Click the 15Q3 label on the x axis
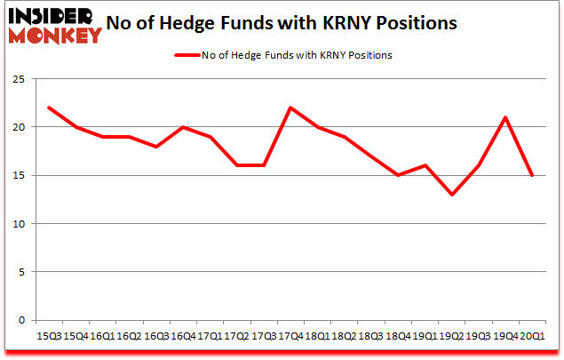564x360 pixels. pyautogui.click(x=50, y=336)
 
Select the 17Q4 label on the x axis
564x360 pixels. pyautogui.click(x=290, y=336)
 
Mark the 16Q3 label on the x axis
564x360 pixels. pyautogui.click(x=156, y=336)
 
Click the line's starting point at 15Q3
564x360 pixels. pyautogui.click(x=50, y=108)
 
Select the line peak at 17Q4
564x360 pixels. pyautogui.click(x=290, y=108)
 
